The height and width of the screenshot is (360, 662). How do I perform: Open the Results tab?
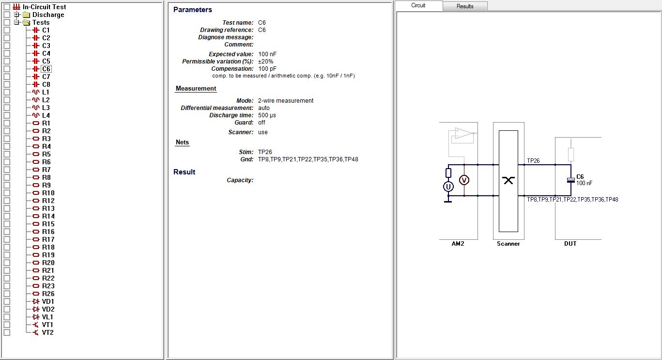(x=465, y=6)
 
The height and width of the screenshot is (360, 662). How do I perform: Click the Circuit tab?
(x=418, y=5)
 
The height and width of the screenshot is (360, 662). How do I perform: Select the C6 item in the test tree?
(x=46, y=69)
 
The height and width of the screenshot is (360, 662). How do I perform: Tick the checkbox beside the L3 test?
(x=7, y=108)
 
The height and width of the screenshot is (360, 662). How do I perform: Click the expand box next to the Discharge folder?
(x=16, y=15)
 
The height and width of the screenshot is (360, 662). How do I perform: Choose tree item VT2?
(x=47, y=332)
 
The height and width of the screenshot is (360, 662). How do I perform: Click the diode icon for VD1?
(x=36, y=301)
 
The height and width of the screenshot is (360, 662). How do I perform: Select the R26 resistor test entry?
(x=48, y=294)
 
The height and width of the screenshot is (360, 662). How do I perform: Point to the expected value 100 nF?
(x=267, y=54)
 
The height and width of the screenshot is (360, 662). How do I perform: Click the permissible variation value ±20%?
(x=265, y=62)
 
